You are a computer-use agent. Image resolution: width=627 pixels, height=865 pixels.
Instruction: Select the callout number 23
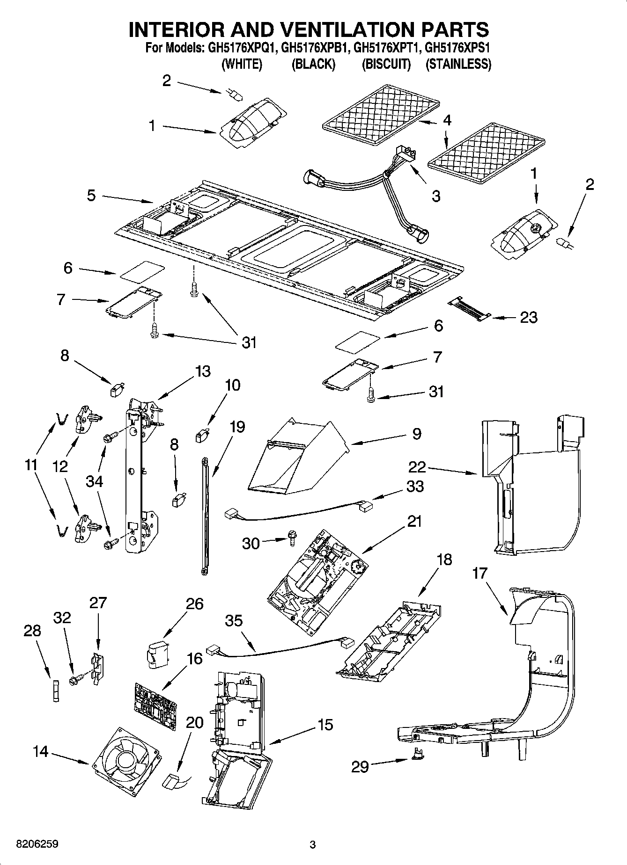529,318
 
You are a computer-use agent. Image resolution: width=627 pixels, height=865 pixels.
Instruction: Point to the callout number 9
416,433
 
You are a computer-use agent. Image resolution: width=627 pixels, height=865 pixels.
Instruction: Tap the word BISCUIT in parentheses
386,64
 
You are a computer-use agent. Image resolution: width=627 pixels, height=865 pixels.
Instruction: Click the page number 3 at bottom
313,844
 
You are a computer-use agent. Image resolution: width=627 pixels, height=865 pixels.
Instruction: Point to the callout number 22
417,466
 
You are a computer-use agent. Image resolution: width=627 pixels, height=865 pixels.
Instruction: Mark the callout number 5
91,195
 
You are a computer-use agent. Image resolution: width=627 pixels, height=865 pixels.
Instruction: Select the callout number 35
234,620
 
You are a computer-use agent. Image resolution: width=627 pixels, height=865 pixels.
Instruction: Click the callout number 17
479,573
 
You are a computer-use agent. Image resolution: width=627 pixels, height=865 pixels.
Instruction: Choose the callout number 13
202,371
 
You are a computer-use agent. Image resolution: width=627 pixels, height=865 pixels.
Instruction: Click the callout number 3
436,196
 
